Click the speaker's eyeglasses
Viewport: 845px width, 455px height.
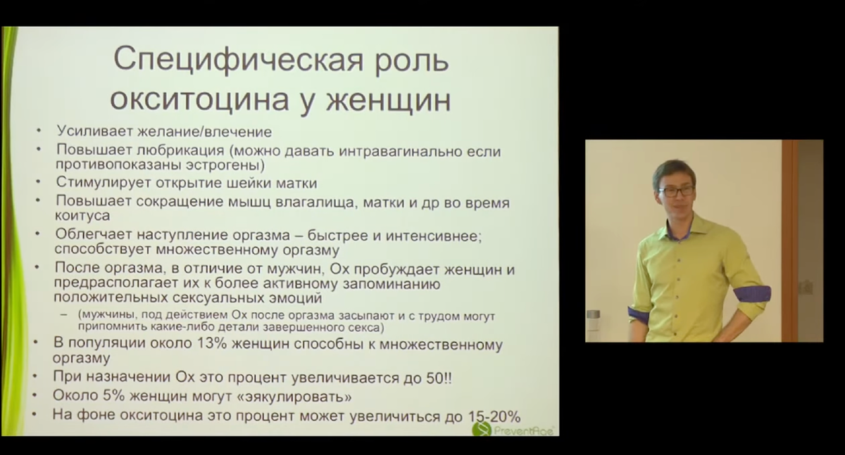click(x=675, y=190)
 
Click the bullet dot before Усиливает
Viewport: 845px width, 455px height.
click(x=39, y=132)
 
